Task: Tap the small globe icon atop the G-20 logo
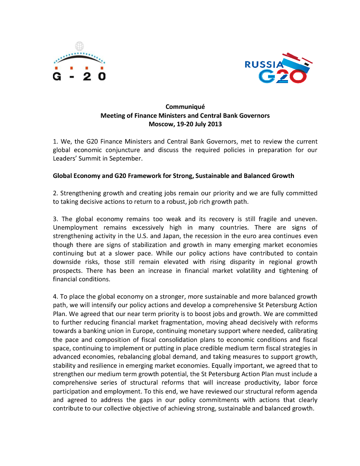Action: click(79, 46)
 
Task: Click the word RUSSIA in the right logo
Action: click(264, 64)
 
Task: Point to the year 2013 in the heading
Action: click(214, 124)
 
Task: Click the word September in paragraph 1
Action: click(127, 159)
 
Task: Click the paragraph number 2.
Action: click(55, 193)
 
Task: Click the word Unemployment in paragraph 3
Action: click(72, 227)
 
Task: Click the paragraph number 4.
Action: click(55, 297)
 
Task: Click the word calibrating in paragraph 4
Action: click(301, 331)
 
